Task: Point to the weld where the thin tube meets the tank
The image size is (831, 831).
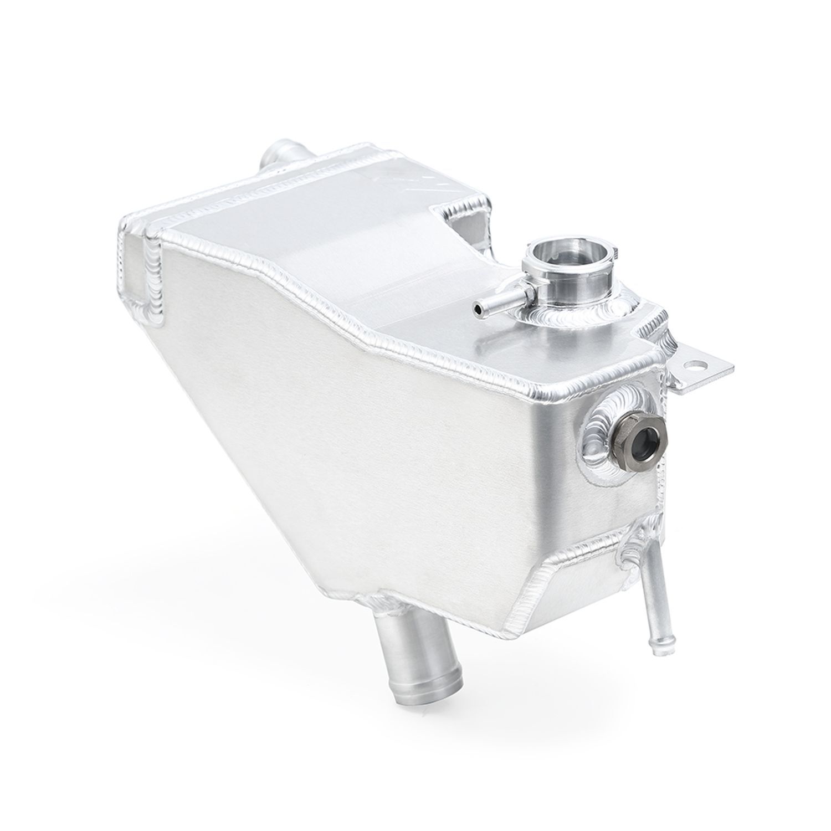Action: [632, 560]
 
